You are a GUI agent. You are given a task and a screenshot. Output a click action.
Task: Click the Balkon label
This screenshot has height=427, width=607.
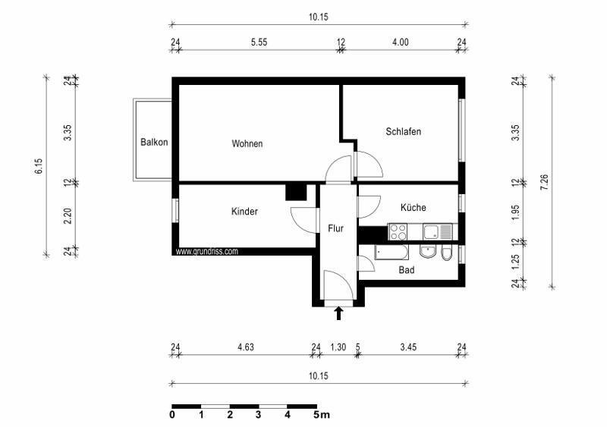pyautogui.click(x=154, y=142)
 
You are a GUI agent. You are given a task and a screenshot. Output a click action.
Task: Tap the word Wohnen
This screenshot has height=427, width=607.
pyautogui.click(x=247, y=143)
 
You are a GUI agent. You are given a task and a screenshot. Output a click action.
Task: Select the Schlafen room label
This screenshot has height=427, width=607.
pyautogui.click(x=403, y=131)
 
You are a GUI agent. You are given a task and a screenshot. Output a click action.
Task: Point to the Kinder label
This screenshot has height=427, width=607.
pyautogui.click(x=244, y=212)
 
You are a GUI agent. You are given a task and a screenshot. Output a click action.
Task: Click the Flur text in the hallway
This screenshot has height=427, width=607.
pyautogui.click(x=336, y=228)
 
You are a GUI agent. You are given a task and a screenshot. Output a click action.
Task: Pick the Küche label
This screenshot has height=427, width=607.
pyautogui.click(x=413, y=207)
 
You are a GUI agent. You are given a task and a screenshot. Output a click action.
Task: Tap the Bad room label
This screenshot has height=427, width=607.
pyautogui.click(x=407, y=269)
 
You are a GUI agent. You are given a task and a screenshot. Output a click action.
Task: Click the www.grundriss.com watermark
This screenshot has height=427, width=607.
pyautogui.click(x=207, y=251)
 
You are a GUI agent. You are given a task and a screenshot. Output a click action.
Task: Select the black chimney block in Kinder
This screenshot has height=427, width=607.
pyautogui.click(x=295, y=192)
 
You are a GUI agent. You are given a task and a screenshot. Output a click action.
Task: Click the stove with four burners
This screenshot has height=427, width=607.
pyautogui.click(x=398, y=230)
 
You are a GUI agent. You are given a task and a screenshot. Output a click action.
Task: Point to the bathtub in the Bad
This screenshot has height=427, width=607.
pyautogui.click(x=392, y=253)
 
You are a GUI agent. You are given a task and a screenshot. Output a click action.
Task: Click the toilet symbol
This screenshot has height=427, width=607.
pyautogui.click(x=447, y=253)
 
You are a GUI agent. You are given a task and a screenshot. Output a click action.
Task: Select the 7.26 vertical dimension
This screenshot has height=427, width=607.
pyautogui.click(x=544, y=183)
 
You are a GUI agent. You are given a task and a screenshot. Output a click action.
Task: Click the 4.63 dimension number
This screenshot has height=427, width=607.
pyautogui.click(x=245, y=347)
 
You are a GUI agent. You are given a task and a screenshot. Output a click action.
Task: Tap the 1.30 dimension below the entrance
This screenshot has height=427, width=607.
pyautogui.click(x=338, y=347)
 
